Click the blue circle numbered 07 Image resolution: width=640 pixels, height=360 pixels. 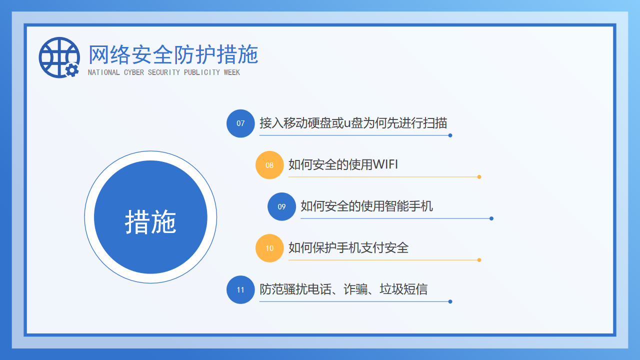coord(240,123)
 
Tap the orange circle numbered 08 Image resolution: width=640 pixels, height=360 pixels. coord(269,165)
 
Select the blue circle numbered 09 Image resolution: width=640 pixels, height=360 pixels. coord(281,206)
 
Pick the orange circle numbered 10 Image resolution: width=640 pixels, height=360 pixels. coord(269,248)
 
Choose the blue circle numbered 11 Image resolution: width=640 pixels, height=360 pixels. coord(240,289)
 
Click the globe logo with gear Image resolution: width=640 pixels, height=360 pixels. coord(59,57)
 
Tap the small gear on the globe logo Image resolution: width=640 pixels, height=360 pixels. coord(72,70)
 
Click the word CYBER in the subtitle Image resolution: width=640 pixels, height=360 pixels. coord(133,72)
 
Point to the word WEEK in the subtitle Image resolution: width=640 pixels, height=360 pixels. coord(231,72)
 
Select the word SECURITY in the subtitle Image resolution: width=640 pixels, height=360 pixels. coord(163,72)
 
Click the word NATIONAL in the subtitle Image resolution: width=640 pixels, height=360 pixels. coord(103,72)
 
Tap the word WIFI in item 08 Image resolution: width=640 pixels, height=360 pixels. coord(385,164)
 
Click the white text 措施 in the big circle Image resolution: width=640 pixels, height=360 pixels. coord(150,221)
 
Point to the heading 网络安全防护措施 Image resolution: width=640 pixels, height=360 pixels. coord(173,54)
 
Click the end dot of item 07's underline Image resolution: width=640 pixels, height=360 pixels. coord(450,135)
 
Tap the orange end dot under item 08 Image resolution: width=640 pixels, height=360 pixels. coord(479,177)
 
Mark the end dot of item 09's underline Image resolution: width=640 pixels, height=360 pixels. coord(491,218)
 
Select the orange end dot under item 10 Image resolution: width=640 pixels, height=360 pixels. coord(479,260)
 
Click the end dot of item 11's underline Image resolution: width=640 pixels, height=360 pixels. coord(450,301)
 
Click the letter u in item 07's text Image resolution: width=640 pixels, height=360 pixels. coord(347,124)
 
